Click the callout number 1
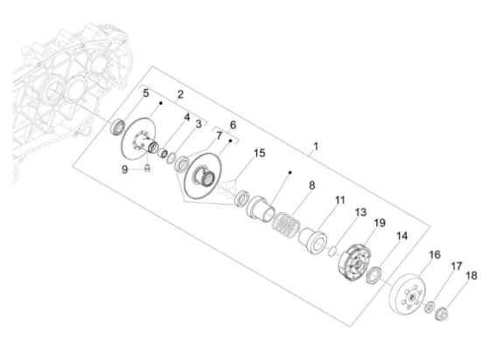(x=316, y=147)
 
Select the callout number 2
(x=180, y=94)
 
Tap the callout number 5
(x=145, y=93)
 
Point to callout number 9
(x=124, y=170)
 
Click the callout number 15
(x=259, y=153)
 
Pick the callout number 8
(x=311, y=185)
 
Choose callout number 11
(x=340, y=200)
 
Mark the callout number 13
(x=360, y=212)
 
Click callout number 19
(x=380, y=223)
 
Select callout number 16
(x=435, y=254)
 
